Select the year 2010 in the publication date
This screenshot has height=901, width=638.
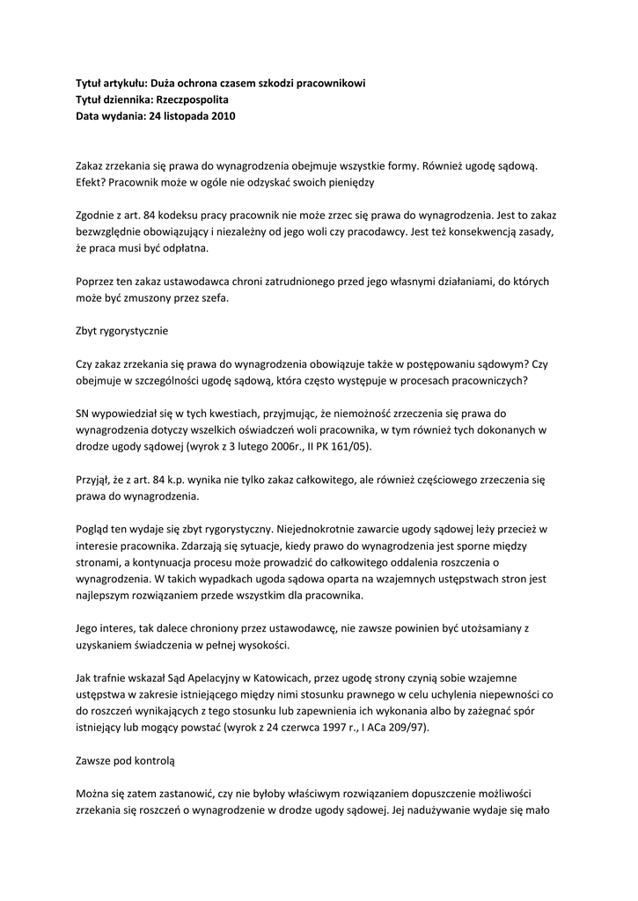pyautogui.click(x=222, y=116)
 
